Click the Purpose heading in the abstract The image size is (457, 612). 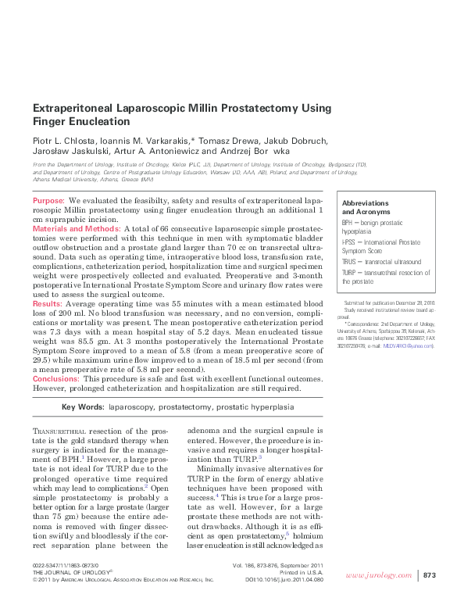coord(48,202)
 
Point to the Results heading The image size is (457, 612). coord(47,303)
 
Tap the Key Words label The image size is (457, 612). coord(82,407)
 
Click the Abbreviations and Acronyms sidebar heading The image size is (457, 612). coord(366,207)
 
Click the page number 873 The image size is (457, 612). coord(429,576)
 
